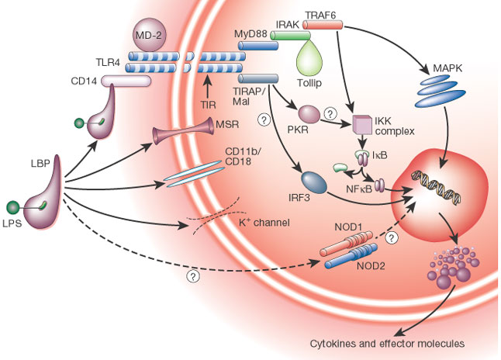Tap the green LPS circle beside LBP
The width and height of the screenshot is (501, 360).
pos(13,207)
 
